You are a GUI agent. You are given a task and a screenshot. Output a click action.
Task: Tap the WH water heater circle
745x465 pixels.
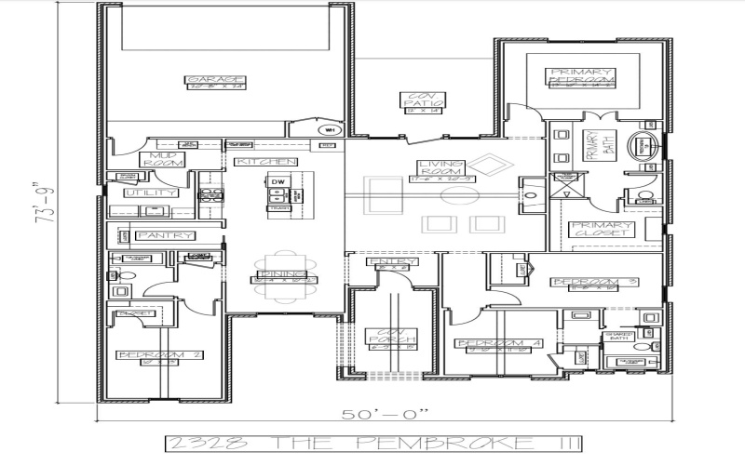331,129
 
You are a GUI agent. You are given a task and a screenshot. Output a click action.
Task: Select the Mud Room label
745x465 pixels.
165,158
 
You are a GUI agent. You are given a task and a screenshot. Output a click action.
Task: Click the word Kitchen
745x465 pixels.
253,162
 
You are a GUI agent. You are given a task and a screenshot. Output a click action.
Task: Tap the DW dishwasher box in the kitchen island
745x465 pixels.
277,181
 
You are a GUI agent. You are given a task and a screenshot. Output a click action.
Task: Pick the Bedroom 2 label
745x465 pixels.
159,355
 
